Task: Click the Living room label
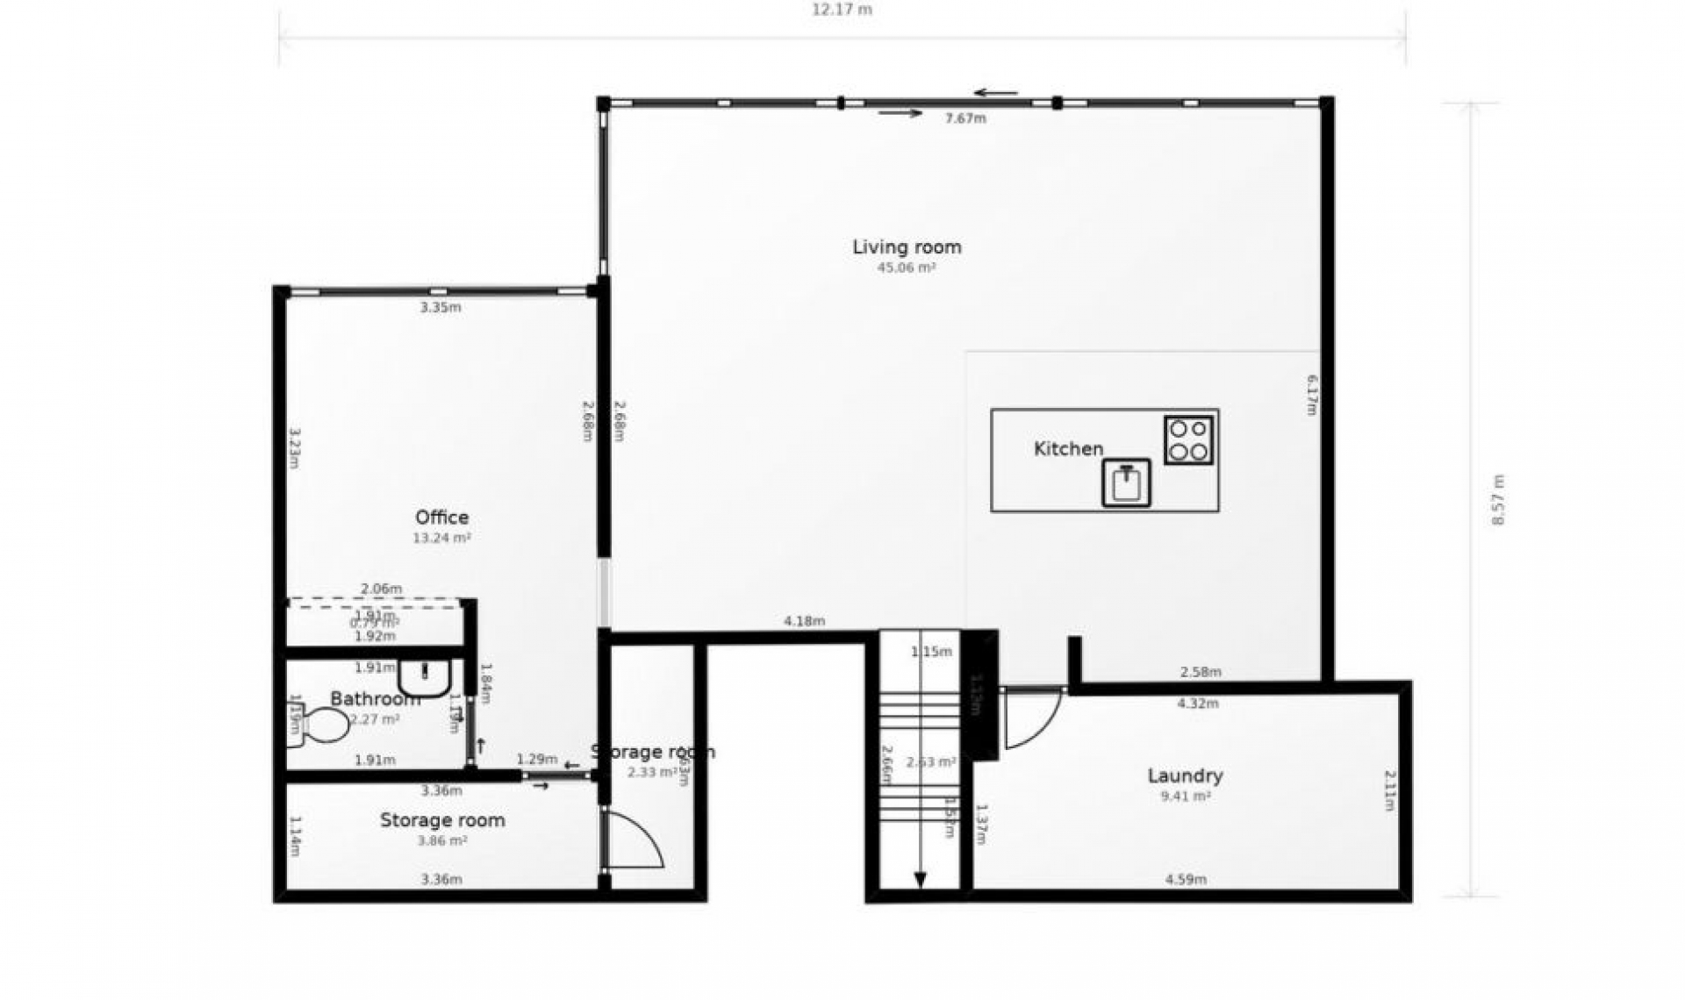point(907,247)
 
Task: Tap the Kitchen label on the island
point(1068,449)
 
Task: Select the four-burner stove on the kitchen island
point(1189,440)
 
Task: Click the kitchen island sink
point(1126,483)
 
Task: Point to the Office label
point(441,518)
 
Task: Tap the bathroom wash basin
point(425,676)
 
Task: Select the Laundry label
point(1185,776)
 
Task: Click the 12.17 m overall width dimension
point(842,11)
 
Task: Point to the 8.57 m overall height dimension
point(1498,500)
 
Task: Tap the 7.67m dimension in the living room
point(965,118)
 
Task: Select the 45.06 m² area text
point(907,268)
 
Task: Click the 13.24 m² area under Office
point(441,539)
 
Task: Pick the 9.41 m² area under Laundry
point(1185,797)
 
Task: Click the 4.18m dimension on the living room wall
point(804,622)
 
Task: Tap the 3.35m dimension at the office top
point(441,308)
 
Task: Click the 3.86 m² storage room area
point(441,841)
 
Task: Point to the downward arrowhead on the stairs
point(920,879)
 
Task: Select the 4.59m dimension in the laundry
point(1186,880)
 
